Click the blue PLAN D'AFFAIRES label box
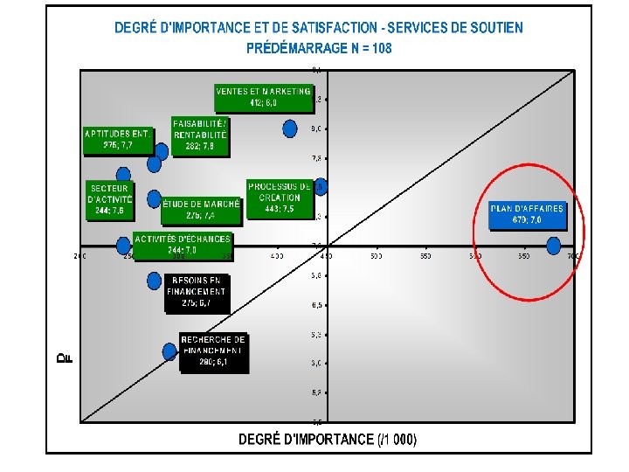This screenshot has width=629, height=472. pyautogui.click(x=527, y=214)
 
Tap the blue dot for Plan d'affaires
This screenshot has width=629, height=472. pyautogui.click(x=554, y=246)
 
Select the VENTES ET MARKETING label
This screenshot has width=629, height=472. pyautogui.click(x=263, y=97)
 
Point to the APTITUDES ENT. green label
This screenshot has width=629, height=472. pyautogui.click(x=118, y=140)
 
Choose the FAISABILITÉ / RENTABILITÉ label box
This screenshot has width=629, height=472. pyautogui.click(x=200, y=135)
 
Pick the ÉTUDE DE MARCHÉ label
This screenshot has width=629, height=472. pyautogui.click(x=201, y=209)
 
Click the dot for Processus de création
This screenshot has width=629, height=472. pyautogui.click(x=321, y=187)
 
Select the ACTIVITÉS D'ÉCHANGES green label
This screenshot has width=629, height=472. pyautogui.click(x=183, y=244)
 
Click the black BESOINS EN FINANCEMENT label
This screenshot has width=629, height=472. pyautogui.click(x=198, y=292)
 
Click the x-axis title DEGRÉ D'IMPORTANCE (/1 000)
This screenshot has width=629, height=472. pyautogui.click(x=328, y=440)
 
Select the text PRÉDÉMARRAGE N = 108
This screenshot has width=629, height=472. pyautogui.click(x=319, y=48)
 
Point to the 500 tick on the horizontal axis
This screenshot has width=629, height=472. pyautogui.click(x=377, y=257)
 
